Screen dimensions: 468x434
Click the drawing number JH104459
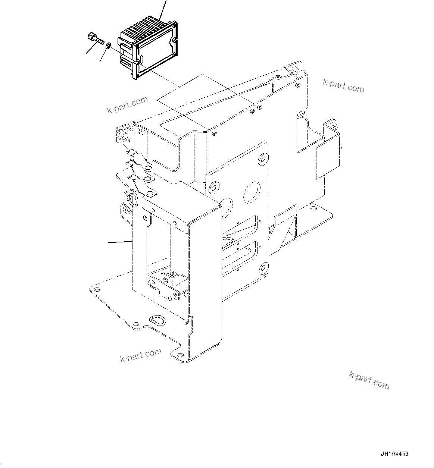point(394,454)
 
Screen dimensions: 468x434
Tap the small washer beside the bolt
point(107,46)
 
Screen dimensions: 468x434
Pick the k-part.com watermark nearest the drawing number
point(369,380)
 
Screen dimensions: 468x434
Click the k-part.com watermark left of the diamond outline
point(127,105)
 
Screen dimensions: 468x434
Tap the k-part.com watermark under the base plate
point(141,355)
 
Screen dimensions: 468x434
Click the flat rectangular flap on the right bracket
point(327,162)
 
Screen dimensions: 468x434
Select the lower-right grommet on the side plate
point(263,267)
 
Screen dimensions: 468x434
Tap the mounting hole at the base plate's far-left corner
point(97,290)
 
